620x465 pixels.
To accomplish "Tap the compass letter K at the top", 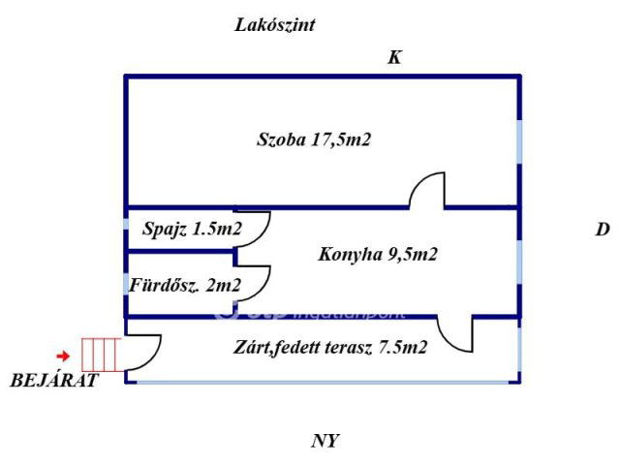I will pyautogui.click(x=394, y=58).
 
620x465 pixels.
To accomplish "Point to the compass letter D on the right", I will pyautogui.click(x=602, y=231).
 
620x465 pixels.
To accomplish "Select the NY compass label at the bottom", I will pyautogui.click(x=325, y=442).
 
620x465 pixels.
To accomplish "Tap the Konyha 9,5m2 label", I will pyautogui.click(x=378, y=255).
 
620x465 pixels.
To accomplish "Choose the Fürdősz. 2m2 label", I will pyautogui.click(x=185, y=285).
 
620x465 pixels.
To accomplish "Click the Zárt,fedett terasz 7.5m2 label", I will pyautogui.click(x=330, y=347).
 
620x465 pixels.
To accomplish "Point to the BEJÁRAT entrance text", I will pyautogui.click(x=54, y=381).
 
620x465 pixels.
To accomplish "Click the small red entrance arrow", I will pyautogui.click(x=63, y=356).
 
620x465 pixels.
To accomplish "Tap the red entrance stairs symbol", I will pyautogui.click(x=100, y=355).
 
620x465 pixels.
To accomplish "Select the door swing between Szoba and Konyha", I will pyautogui.click(x=427, y=189).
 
